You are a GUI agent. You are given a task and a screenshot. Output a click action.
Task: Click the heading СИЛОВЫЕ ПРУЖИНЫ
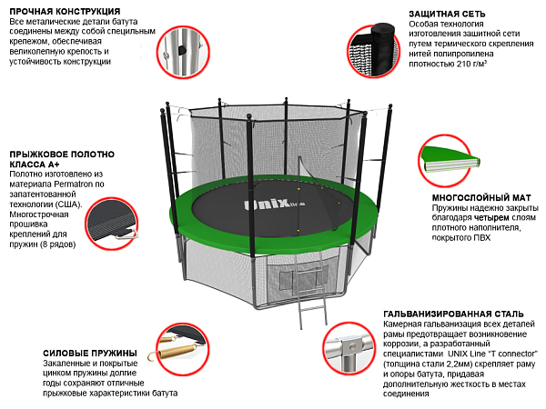[x=90, y=353]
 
